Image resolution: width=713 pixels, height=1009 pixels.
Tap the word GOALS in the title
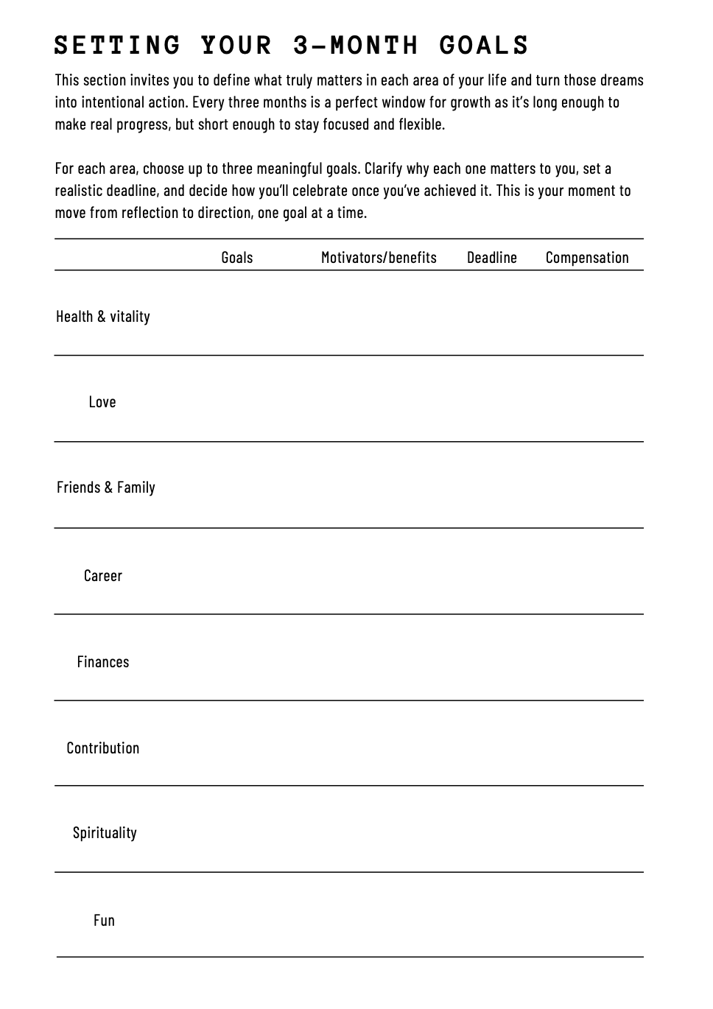(484, 46)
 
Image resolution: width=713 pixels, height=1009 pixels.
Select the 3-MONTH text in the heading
(356, 46)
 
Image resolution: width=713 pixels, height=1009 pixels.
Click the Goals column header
(236, 258)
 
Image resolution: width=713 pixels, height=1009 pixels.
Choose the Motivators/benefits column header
(379, 258)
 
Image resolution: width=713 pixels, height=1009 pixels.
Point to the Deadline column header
(491, 258)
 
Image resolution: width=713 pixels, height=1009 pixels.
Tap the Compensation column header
(587, 258)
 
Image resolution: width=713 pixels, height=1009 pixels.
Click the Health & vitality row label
(103, 317)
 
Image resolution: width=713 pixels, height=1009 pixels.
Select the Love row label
(102, 402)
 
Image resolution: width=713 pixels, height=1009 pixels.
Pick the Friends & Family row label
(106, 488)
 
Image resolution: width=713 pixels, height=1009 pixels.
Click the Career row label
(103, 576)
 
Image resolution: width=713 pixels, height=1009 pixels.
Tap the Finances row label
(103, 662)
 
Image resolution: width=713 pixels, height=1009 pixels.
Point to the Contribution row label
(103, 748)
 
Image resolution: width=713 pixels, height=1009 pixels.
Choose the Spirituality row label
(105, 833)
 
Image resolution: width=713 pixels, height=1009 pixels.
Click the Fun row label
(104, 921)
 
